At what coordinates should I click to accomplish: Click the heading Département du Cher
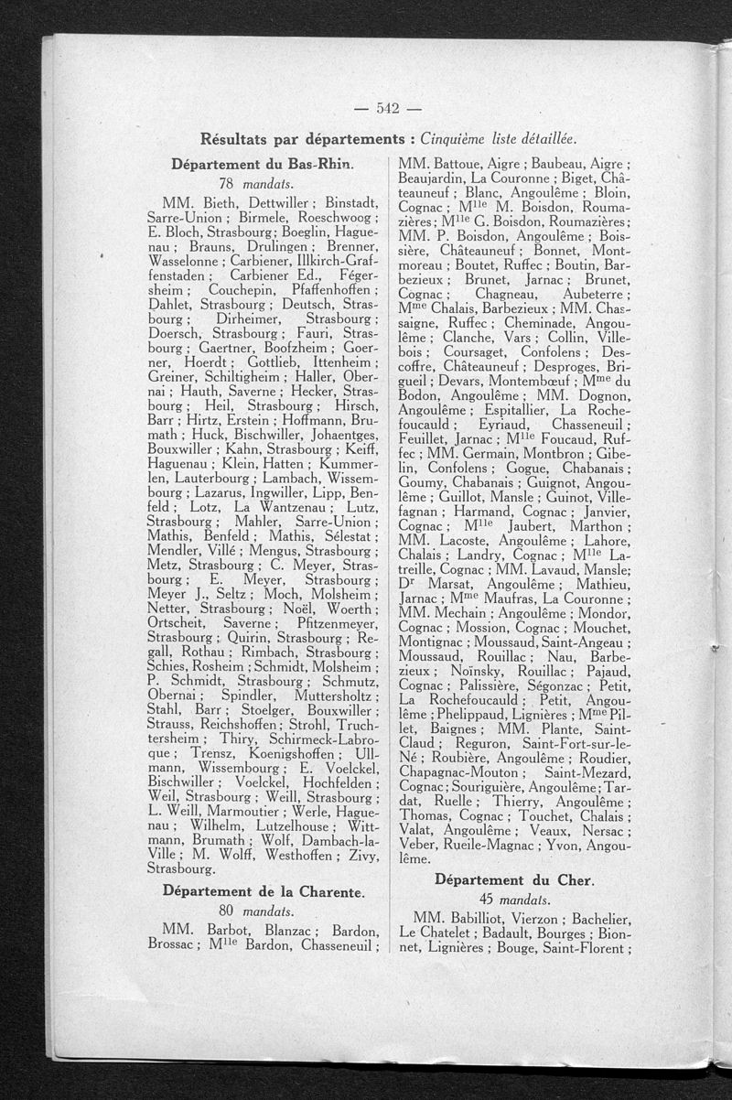tap(513, 880)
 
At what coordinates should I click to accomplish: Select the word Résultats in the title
tap(238, 139)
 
